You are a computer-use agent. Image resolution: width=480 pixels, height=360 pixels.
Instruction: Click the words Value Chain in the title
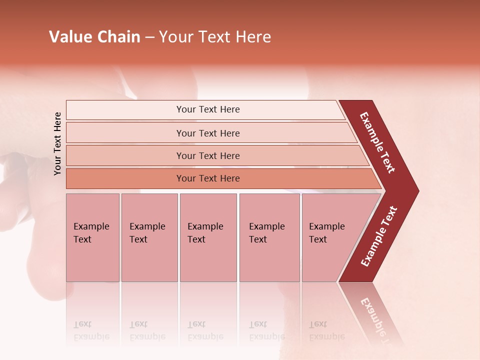[94, 36]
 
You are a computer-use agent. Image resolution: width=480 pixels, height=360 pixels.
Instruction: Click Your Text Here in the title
[215, 36]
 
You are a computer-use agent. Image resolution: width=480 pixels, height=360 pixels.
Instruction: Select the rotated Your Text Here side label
[57, 143]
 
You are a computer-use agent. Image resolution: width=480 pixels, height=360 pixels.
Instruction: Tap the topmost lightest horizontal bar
[208, 109]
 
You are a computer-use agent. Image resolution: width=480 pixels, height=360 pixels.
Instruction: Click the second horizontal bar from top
[208, 133]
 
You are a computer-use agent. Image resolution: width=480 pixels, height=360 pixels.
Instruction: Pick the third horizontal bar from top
[208, 155]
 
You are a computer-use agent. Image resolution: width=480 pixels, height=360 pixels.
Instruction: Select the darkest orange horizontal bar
[208, 178]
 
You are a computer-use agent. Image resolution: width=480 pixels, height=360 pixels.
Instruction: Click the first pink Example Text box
[92, 237]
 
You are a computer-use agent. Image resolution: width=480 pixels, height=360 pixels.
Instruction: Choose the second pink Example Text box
[149, 237]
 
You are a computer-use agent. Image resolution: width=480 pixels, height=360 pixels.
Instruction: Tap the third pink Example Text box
[207, 237]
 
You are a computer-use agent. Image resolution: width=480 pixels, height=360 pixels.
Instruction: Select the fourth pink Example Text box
[269, 237]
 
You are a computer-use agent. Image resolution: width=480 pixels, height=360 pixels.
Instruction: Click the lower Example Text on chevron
[379, 236]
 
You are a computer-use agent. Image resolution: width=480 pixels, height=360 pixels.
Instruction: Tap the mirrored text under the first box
[91, 330]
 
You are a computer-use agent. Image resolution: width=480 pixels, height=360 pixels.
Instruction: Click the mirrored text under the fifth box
[326, 330]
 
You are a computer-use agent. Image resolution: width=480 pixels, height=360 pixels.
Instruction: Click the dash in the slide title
[149, 36]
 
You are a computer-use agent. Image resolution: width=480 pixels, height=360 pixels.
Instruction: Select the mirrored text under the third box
[205, 330]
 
